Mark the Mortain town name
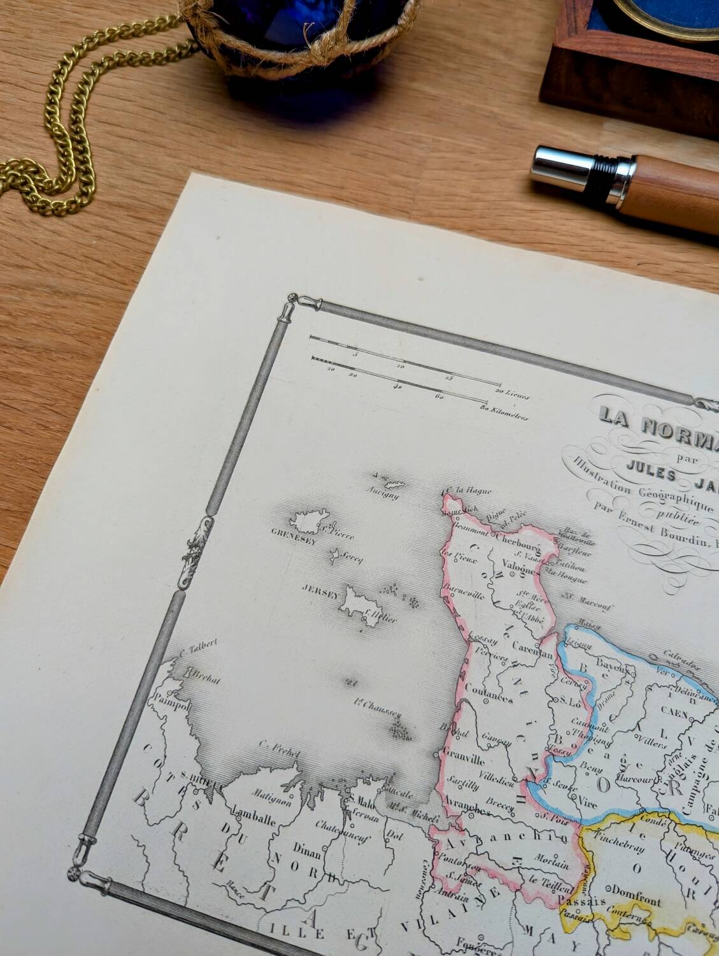pos(550,864)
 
